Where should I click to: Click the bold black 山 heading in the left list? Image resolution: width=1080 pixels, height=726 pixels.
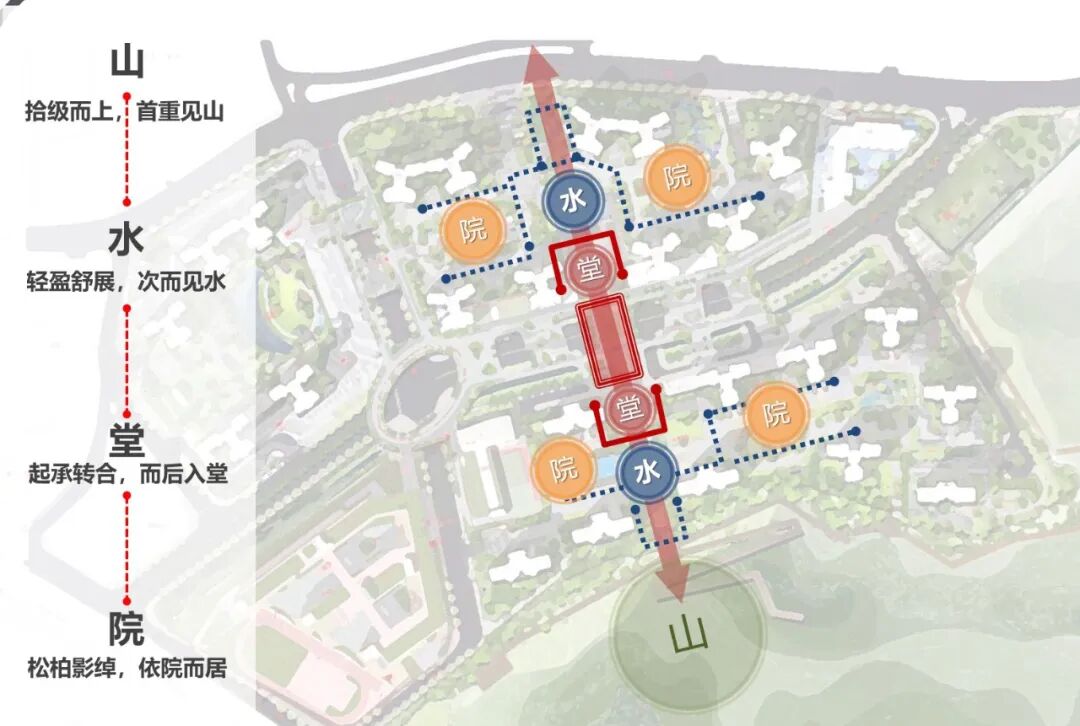pyautogui.click(x=127, y=62)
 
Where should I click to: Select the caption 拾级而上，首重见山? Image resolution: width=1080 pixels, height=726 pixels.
pyautogui.click(x=125, y=112)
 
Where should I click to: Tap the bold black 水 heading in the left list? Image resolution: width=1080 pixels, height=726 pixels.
pyautogui.click(x=127, y=239)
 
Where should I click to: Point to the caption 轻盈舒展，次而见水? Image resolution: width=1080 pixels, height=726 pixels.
pyautogui.click(x=126, y=282)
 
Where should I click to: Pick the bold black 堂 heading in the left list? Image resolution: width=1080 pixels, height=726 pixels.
pyautogui.click(x=127, y=439)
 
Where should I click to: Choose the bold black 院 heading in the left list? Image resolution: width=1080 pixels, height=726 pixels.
pyautogui.click(x=127, y=630)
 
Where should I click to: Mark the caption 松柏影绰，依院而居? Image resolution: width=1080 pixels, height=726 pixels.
pyautogui.click(x=127, y=668)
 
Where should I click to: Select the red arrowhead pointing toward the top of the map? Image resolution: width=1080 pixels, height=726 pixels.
pyautogui.click(x=543, y=67)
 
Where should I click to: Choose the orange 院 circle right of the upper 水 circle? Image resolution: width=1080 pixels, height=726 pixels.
pyautogui.click(x=677, y=178)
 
